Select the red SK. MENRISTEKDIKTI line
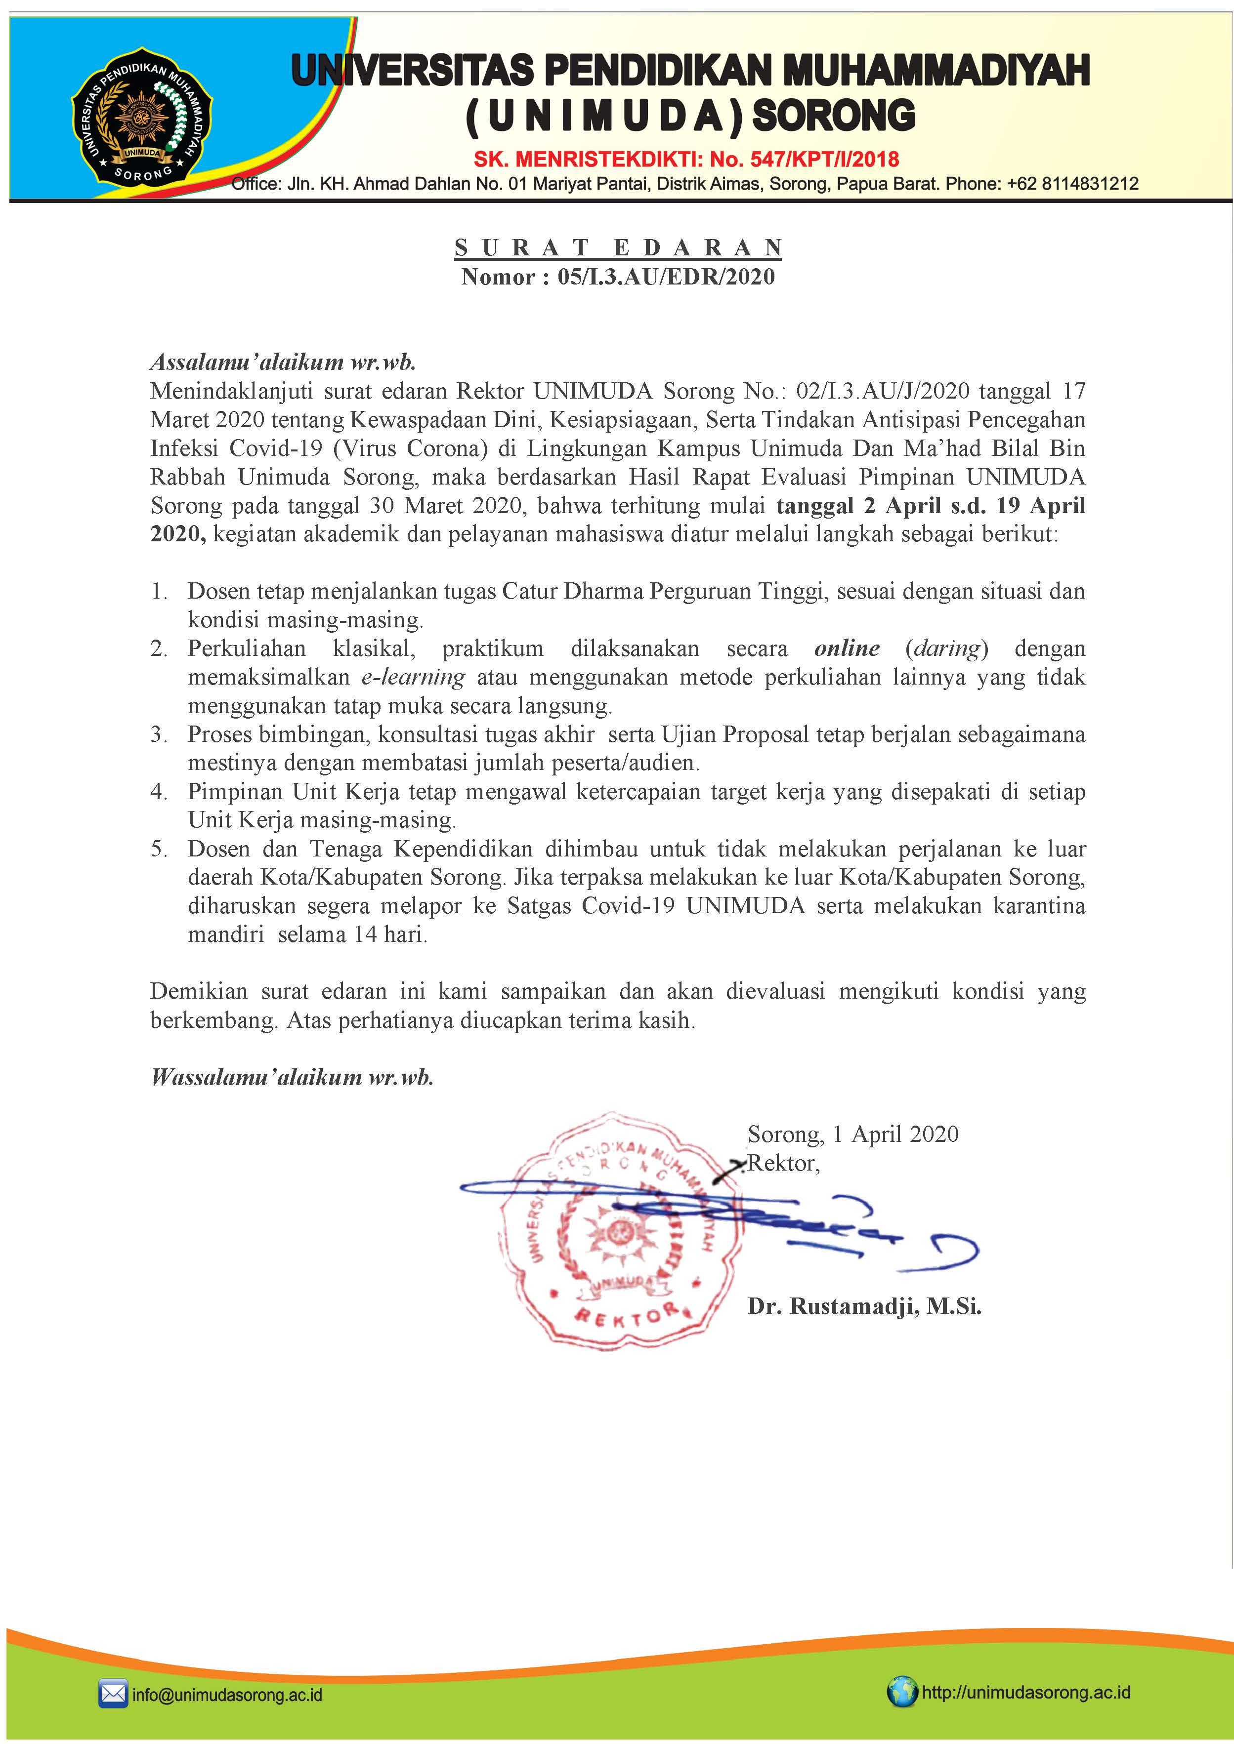[686, 160]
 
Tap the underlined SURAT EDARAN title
[618, 247]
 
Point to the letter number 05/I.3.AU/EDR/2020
[666, 277]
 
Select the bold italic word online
[847, 648]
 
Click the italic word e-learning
[413, 677]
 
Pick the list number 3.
[158, 734]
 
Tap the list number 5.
[158, 849]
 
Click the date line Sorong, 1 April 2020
[852, 1134]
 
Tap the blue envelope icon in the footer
[113, 1694]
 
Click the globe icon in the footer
[901, 1692]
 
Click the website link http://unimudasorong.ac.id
[1026, 1692]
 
